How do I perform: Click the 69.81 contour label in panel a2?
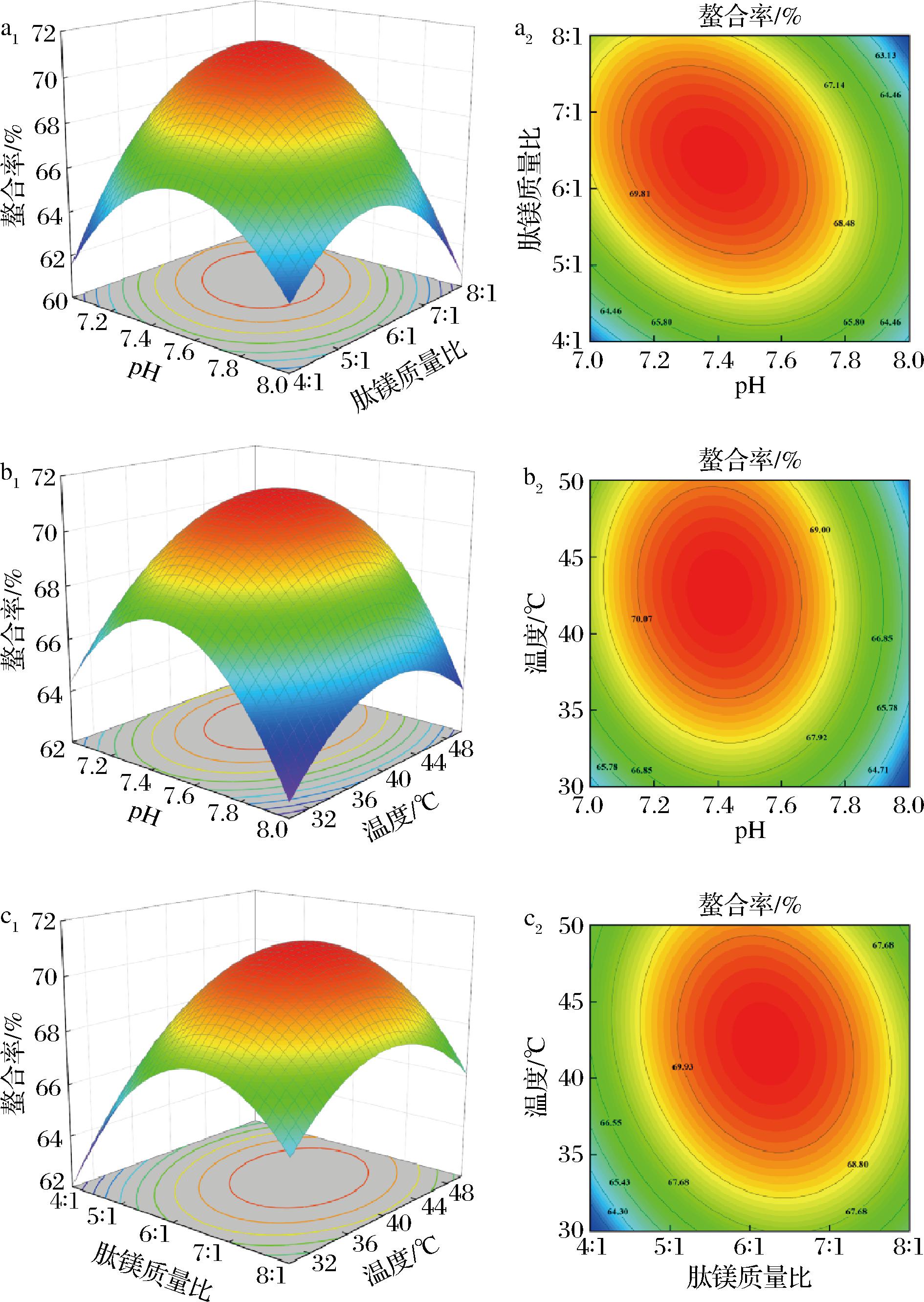[x=639, y=194]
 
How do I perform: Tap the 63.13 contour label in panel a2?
[x=885, y=55]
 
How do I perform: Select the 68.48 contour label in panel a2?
[x=844, y=223]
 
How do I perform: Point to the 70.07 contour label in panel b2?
[x=641, y=619]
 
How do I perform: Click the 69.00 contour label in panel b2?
[x=820, y=530]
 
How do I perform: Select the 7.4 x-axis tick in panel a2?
[x=718, y=361]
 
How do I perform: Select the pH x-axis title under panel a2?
[x=749, y=387]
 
